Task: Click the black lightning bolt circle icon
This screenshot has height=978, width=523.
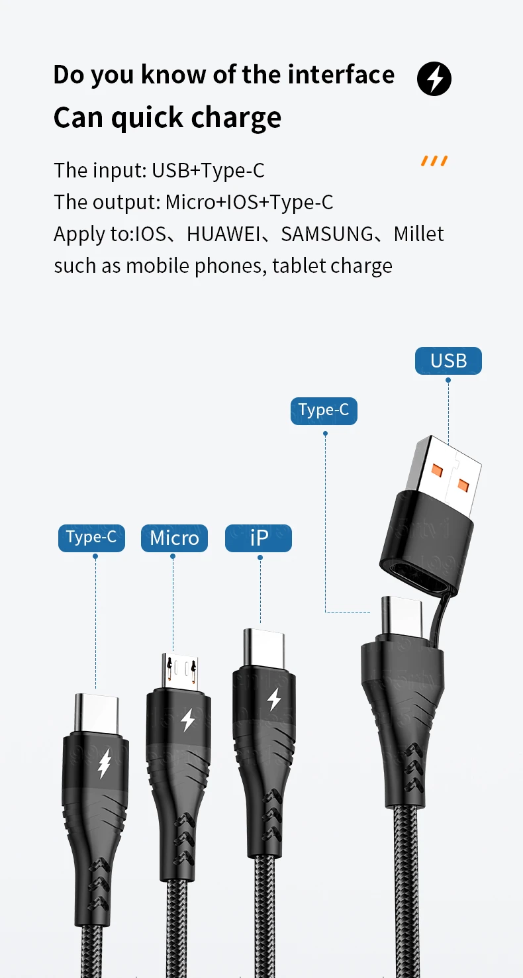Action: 434,79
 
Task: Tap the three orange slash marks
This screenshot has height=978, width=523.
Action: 434,161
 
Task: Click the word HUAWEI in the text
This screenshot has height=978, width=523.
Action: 224,234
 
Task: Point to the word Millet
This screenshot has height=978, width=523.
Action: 418,234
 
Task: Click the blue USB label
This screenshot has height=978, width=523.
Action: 448,361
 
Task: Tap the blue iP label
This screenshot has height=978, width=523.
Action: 258,538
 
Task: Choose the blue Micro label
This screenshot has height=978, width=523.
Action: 174,538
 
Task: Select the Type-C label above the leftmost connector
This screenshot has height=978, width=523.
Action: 91,537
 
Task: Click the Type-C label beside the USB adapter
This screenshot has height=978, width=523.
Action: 324,410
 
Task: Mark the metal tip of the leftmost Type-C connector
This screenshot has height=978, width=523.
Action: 97,711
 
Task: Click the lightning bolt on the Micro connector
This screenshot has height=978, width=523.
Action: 187,719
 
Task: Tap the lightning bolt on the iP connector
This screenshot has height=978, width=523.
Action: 273,699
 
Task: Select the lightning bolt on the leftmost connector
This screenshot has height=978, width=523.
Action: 104,763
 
